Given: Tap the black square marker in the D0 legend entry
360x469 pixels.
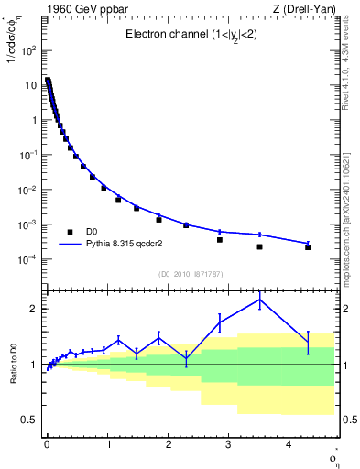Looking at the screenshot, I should [x=70, y=232].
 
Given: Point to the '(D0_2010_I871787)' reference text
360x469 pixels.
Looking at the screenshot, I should [x=190, y=274].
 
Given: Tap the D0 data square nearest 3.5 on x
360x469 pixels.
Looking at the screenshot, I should [x=259, y=246].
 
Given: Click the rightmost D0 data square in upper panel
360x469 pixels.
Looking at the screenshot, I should [x=308, y=247].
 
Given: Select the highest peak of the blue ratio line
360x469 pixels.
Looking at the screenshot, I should [x=259, y=300].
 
